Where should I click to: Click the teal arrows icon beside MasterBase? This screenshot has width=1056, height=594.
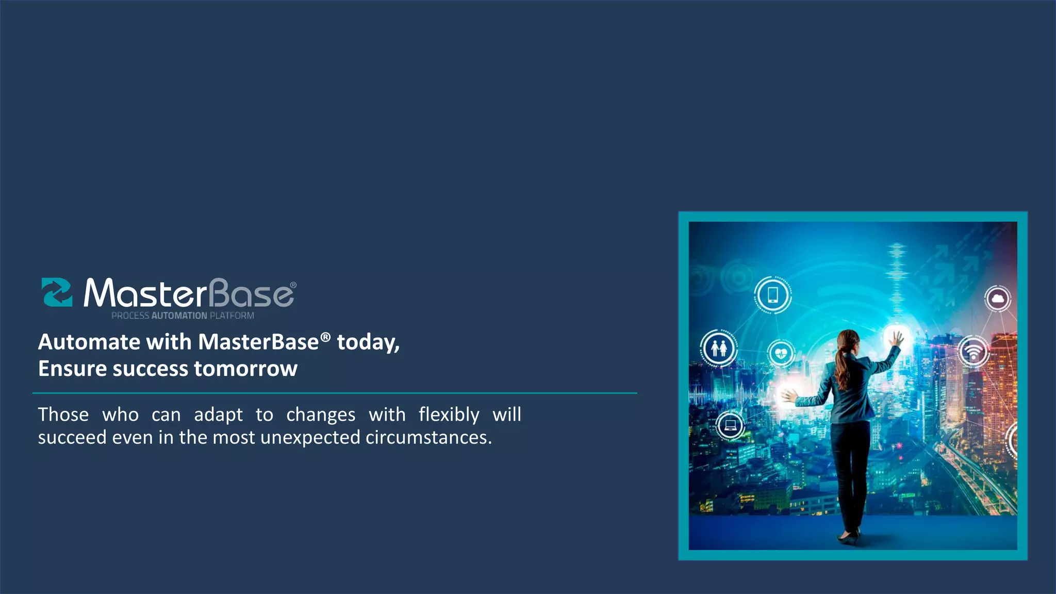57,292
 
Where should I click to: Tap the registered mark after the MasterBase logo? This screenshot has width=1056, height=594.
293,285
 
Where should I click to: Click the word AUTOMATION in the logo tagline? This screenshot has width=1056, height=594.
179,316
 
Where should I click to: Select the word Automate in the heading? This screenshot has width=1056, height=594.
89,342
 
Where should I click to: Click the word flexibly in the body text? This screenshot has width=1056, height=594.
449,415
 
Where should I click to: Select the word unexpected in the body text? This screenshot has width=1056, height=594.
310,437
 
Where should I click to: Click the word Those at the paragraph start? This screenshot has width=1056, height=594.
63,415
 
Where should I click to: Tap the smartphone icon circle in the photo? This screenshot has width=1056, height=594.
772,295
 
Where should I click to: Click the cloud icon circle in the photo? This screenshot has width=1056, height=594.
998,299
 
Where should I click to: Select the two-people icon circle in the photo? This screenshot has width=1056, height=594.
719,348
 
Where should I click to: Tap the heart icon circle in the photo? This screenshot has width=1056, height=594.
781,354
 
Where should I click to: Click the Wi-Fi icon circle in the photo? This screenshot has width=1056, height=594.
973,352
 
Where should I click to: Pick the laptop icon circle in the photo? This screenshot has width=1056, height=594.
730,425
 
